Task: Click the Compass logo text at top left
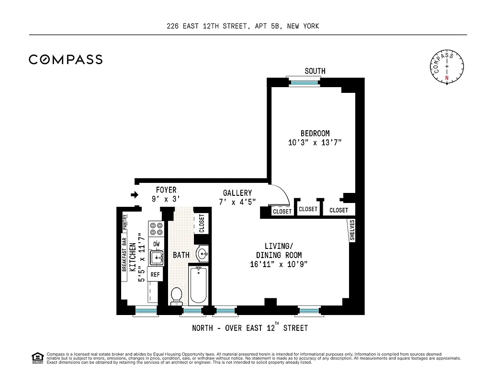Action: pyautogui.click(x=66, y=59)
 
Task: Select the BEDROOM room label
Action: pyautogui.click(x=315, y=134)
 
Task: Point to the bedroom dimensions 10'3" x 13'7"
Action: pyautogui.click(x=315, y=143)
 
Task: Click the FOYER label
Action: pyautogui.click(x=166, y=190)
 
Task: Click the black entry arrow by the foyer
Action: pyautogui.click(x=135, y=195)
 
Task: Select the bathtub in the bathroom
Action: pyautogui.click(x=198, y=285)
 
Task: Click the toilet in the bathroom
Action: pyautogui.click(x=177, y=295)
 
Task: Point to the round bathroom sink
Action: pyautogui.click(x=203, y=254)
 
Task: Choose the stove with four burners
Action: pyautogui.click(x=156, y=229)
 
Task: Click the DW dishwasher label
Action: pyautogui.click(x=156, y=244)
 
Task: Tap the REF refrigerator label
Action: pyautogui.click(x=155, y=274)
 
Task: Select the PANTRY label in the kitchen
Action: pyautogui.click(x=124, y=222)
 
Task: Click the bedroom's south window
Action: pyautogui.click(x=305, y=82)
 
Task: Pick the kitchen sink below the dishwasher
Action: pyautogui.click(x=156, y=259)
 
